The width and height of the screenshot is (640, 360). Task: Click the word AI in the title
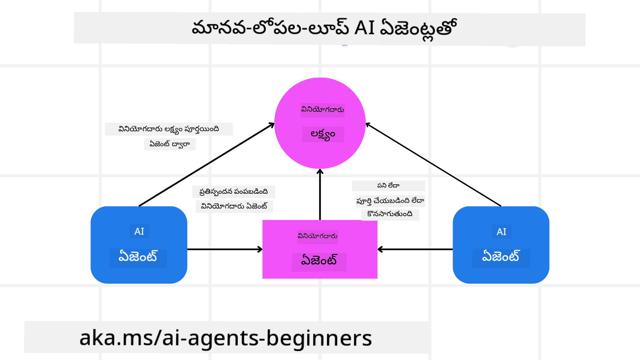click(364, 28)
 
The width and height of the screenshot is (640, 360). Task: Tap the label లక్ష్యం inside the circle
click(323, 134)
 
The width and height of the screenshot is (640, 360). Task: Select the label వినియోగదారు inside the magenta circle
click(322, 110)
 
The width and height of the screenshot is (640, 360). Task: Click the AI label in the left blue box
click(139, 231)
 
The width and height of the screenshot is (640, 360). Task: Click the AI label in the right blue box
click(501, 232)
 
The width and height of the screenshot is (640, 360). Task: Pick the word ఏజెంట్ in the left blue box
click(138, 257)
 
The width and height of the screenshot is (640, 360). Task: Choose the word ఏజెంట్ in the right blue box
click(501, 257)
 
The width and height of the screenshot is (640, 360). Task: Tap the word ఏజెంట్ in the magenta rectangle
click(319, 260)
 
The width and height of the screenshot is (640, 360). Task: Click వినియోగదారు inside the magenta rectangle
click(318, 236)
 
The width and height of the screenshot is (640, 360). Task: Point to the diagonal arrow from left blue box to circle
click(207, 165)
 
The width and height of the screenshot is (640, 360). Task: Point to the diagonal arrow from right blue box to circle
click(433, 165)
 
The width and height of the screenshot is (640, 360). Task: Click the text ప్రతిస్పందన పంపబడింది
click(234, 192)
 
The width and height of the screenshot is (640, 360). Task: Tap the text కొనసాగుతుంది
click(390, 214)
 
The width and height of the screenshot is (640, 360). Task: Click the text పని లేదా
click(388, 186)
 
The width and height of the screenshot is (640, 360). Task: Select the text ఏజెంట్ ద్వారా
click(169, 144)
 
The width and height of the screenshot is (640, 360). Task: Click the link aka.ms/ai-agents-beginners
click(225, 338)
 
